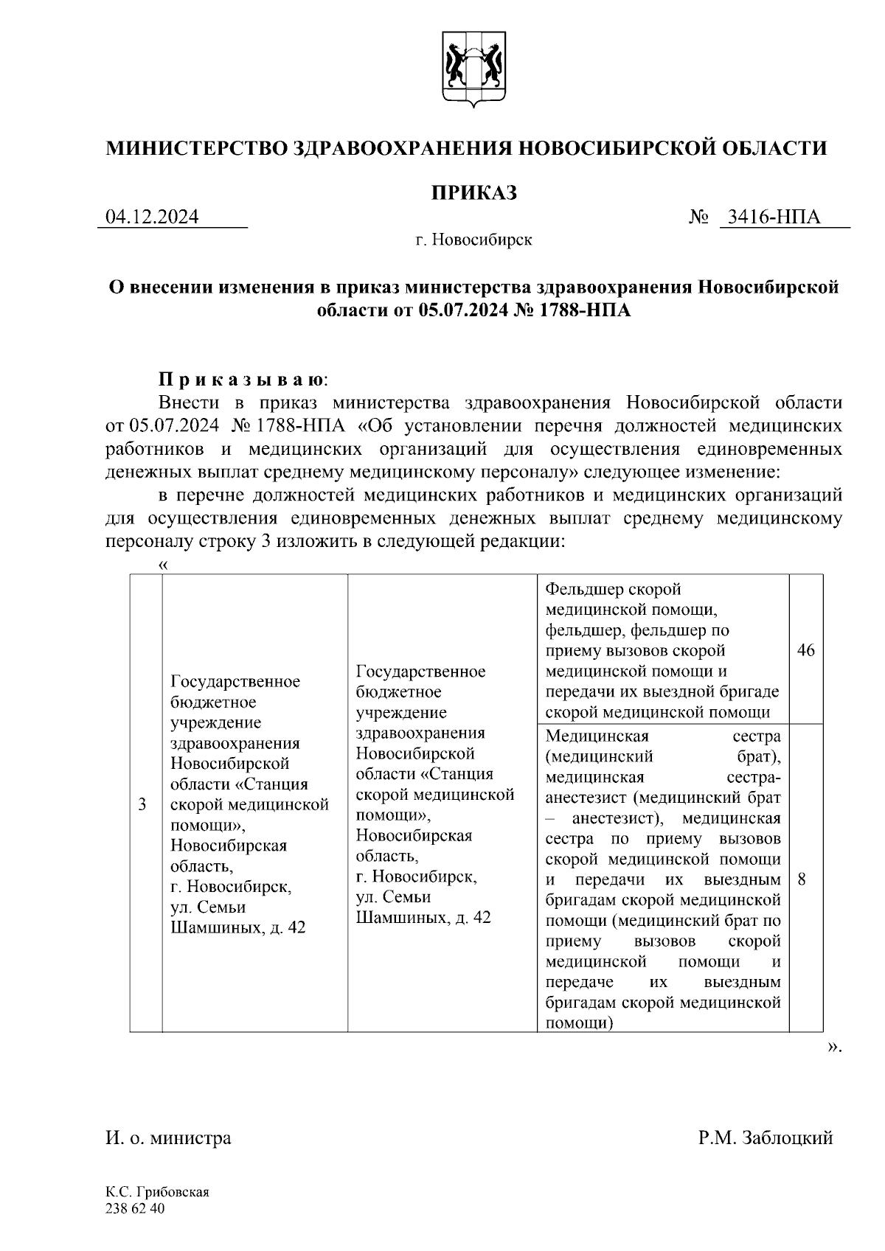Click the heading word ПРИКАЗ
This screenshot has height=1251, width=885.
(x=473, y=192)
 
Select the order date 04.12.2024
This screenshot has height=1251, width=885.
(x=153, y=217)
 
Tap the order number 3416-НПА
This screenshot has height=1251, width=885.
(x=774, y=217)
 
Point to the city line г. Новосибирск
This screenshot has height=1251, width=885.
(x=473, y=240)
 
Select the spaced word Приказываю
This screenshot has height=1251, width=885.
(x=241, y=380)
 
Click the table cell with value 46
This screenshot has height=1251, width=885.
(x=806, y=651)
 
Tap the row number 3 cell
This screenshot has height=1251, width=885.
(x=142, y=804)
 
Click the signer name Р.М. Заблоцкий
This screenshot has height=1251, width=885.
(x=766, y=1137)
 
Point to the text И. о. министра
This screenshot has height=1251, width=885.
(x=169, y=1137)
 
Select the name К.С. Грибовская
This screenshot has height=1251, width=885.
(x=158, y=1192)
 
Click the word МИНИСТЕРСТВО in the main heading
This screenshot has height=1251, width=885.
(x=196, y=148)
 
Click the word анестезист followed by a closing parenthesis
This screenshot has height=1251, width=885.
(x=619, y=818)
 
